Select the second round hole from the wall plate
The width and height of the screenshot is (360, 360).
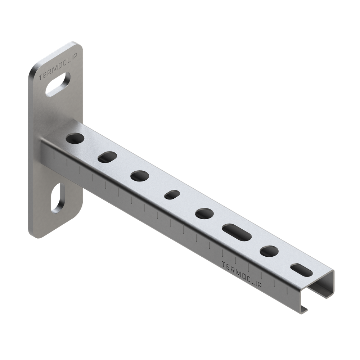[140, 176]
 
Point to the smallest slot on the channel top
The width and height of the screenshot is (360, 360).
[172, 194]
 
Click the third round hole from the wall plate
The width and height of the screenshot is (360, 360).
[205, 213]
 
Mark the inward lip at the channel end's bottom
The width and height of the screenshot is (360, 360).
[305, 309]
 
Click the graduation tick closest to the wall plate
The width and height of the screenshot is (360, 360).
[54, 155]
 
